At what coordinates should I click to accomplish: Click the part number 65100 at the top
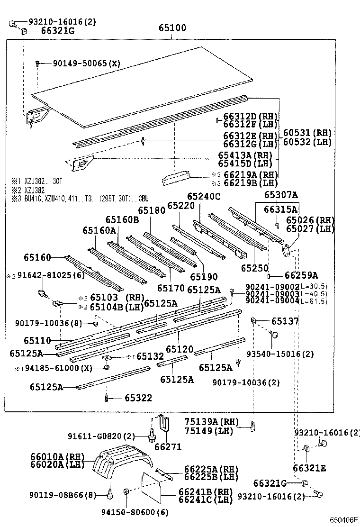[x=172, y=28]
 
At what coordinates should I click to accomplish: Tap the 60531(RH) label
[x=307, y=132]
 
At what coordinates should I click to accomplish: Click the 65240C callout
[x=204, y=196]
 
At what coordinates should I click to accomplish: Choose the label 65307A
[x=281, y=194]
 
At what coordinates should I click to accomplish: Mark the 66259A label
[x=301, y=275]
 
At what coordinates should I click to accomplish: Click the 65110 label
[x=37, y=340]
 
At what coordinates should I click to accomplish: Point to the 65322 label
[x=138, y=398]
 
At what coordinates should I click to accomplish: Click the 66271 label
[x=168, y=447]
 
